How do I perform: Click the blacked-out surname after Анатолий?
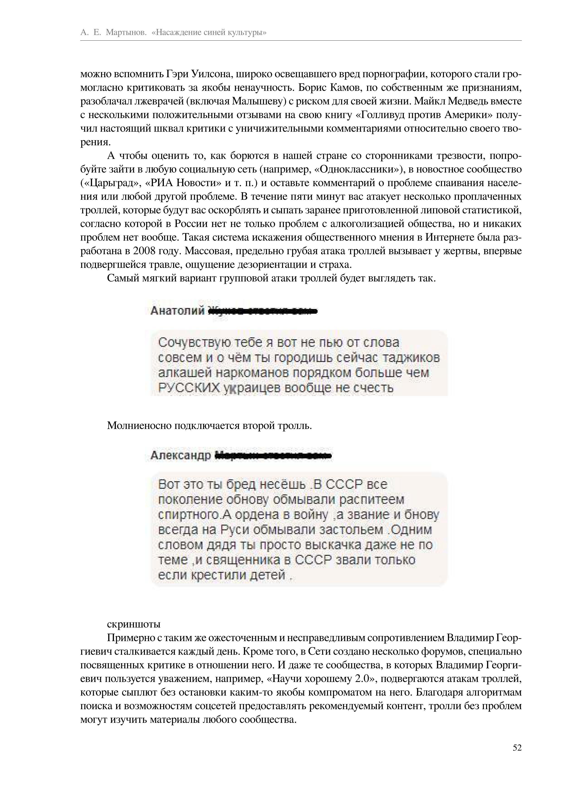pyautogui.click(x=262, y=311)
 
